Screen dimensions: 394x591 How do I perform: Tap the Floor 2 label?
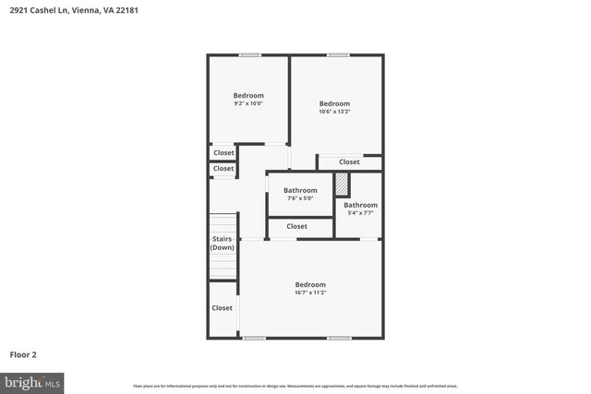(23, 353)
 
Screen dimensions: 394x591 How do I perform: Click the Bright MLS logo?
(32, 381)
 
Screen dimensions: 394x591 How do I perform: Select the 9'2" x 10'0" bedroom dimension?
(247, 103)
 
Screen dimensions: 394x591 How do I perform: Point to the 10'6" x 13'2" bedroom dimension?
(334, 112)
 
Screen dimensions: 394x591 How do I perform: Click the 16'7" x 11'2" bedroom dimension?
(310, 293)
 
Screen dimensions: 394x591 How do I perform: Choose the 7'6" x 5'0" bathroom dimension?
(300, 198)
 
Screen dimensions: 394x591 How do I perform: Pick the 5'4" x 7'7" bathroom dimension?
(360, 213)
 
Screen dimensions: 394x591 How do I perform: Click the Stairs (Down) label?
(222, 244)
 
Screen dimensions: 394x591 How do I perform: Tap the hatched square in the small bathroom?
(343, 184)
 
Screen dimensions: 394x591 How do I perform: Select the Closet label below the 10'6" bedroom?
(349, 162)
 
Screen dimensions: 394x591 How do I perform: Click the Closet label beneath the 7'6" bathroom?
(297, 226)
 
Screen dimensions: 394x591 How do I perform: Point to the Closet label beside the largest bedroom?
(223, 308)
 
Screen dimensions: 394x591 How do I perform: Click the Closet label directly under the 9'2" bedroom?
(223, 153)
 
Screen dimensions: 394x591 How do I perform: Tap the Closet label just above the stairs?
(223, 169)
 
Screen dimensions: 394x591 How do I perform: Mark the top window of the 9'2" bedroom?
(248, 55)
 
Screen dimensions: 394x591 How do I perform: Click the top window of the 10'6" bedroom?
(338, 55)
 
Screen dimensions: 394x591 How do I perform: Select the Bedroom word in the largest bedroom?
(310, 284)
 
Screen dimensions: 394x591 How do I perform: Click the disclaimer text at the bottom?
(295, 386)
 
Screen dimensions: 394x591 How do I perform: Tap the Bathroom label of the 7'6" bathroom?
(300, 191)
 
